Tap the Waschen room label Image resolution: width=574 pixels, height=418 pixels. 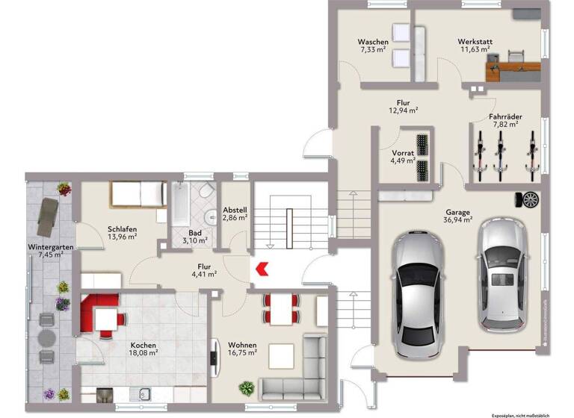tap(371, 46)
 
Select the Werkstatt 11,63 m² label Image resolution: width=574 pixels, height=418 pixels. tap(475, 46)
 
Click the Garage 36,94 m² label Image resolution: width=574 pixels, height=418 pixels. tap(458, 216)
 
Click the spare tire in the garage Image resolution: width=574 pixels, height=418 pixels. tap(530, 199)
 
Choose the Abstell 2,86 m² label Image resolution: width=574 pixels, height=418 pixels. tap(234, 214)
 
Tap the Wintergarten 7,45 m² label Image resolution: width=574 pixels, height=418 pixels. tap(46, 249)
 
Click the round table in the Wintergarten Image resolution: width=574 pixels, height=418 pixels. tap(47, 337)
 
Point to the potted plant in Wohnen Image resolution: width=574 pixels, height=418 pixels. tap(246, 387)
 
